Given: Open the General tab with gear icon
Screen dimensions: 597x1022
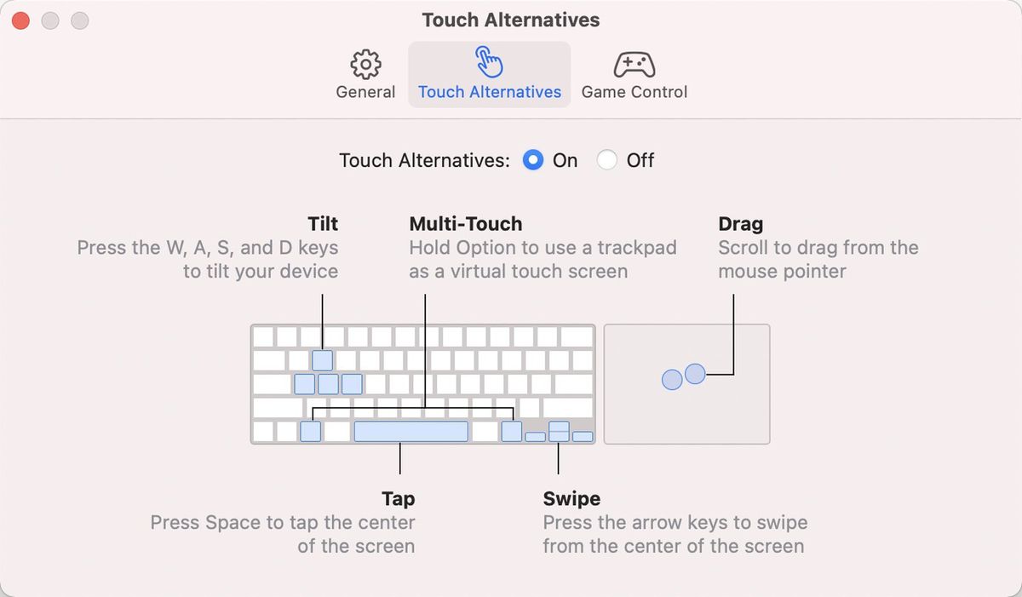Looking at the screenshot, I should (365, 75).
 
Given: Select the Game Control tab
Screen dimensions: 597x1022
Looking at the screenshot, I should (634, 75).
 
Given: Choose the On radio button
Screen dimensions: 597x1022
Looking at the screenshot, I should (533, 160).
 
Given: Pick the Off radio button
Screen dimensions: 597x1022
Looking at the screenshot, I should (607, 160).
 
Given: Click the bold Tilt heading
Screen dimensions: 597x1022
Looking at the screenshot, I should (323, 224).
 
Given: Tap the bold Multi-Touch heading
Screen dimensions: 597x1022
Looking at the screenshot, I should (465, 224).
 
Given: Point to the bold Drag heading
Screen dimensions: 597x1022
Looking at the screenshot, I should (740, 224).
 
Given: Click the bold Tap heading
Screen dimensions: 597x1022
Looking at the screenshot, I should (399, 498).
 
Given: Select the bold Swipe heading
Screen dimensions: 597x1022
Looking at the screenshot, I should (571, 498).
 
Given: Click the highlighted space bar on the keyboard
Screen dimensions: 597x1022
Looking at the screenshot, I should (411, 431).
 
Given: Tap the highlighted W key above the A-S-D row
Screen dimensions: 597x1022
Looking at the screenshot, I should (323, 360).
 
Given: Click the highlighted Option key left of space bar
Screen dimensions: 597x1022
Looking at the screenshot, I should (311, 431).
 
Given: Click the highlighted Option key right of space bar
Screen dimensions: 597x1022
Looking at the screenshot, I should (511, 431).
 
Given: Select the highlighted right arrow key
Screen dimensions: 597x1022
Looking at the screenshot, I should (583, 437).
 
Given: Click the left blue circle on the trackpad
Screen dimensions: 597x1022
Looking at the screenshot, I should (672, 380).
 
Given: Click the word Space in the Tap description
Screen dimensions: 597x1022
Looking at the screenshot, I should (228, 522).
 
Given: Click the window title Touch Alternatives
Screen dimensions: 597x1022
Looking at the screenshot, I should (511, 20).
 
